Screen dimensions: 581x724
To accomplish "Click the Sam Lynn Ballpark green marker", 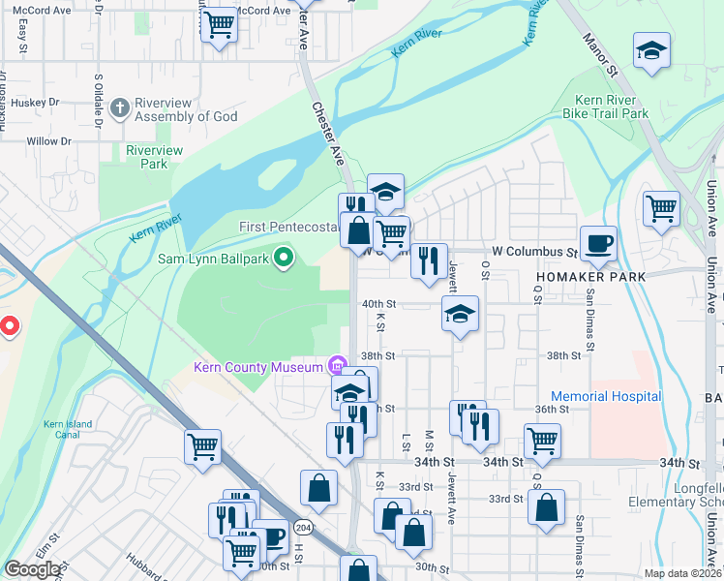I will tap(284, 258).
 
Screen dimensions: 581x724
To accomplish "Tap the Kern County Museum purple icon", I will tap(336, 366).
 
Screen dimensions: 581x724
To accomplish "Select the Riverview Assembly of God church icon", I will tap(120, 107).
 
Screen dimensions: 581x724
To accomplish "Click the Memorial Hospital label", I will tap(606, 396).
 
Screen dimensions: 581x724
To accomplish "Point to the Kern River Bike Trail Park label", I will tap(606, 107).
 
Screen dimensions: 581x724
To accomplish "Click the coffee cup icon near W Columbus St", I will tap(597, 244).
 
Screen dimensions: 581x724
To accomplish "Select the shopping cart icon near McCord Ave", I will tap(220, 24).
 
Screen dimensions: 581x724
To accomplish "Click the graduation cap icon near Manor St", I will tap(652, 50).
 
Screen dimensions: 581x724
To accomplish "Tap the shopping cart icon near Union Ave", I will tap(661, 207).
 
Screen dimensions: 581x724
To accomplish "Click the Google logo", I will tap(33, 569).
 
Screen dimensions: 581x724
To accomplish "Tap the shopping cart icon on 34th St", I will tap(542, 441).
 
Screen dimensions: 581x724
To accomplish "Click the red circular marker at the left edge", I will tap(9, 327).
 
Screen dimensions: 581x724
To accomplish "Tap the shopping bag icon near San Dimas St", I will tap(547, 506).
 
